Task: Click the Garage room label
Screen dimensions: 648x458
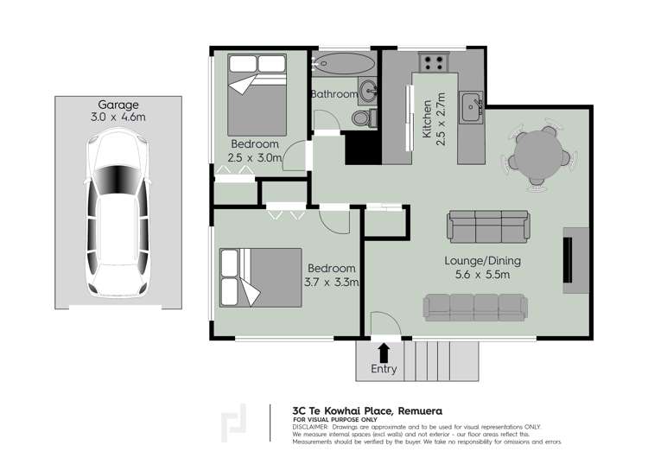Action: click(x=118, y=105)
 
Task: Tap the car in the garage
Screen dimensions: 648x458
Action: click(x=118, y=212)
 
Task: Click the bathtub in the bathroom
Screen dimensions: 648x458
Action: click(x=343, y=63)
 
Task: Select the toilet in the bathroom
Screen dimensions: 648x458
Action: click(x=365, y=118)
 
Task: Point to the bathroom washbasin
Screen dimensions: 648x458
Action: click(x=367, y=91)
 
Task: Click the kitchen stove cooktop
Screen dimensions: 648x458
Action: click(x=434, y=63)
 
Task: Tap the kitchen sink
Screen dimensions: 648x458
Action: click(x=472, y=106)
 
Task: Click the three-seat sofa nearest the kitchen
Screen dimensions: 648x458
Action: click(x=488, y=226)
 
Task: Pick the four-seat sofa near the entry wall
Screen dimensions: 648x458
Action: click(x=475, y=308)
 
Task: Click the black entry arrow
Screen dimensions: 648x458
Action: click(x=384, y=353)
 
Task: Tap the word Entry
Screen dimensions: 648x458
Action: click(x=384, y=369)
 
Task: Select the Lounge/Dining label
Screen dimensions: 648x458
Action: click(x=482, y=261)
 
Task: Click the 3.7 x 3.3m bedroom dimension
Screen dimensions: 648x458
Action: click(x=332, y=283)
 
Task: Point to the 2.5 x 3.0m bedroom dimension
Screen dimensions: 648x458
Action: click(x=255, y=157)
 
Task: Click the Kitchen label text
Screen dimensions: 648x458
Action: click(x=427, y=119)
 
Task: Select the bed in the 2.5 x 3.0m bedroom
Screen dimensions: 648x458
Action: click(x=257, y=95)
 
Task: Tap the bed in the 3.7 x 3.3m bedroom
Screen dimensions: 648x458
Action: click(x=261, y=277)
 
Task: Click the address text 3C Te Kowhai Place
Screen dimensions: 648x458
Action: click(x=343, y=410)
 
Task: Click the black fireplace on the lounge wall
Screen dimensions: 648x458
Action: click(x=569, y=260)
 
